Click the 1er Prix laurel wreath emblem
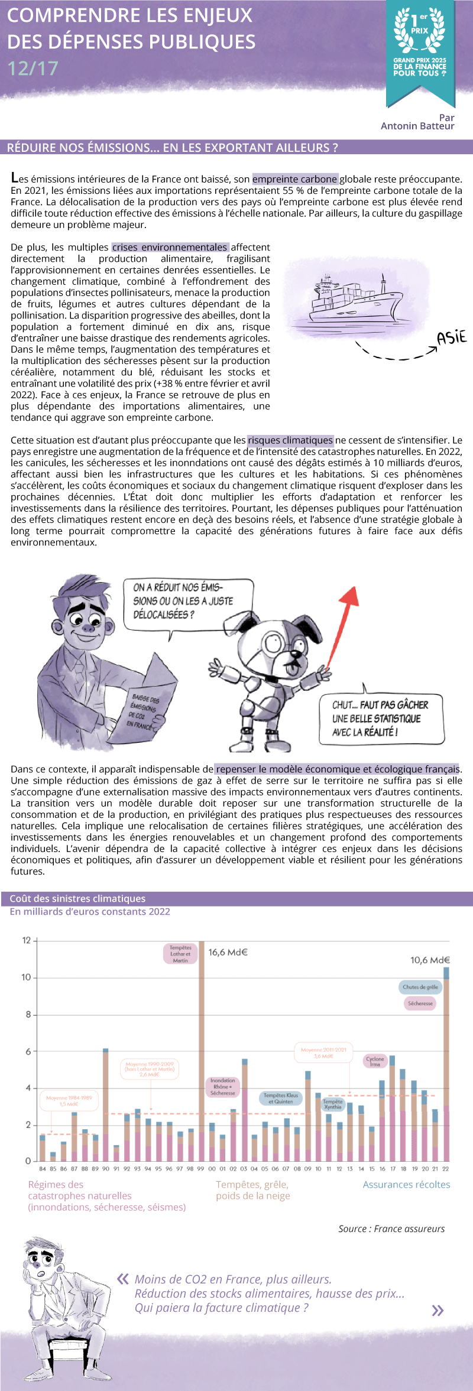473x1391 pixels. (420, 29)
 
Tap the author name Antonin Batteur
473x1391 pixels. (417, 126)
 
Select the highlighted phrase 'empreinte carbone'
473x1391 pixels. (295, 179)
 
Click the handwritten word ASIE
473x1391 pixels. (452, 338)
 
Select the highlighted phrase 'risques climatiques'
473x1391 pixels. (290, 440)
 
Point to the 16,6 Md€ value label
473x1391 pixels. (228, 953)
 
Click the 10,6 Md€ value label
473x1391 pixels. (430, 960)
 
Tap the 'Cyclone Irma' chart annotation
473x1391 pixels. (375, 1061)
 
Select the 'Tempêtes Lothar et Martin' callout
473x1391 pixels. (180, 954)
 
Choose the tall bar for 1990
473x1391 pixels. (105, 1105)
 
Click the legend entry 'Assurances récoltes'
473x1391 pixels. (406, 1185)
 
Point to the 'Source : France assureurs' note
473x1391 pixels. (391, 1229)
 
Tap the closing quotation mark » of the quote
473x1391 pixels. (438, 1311)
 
